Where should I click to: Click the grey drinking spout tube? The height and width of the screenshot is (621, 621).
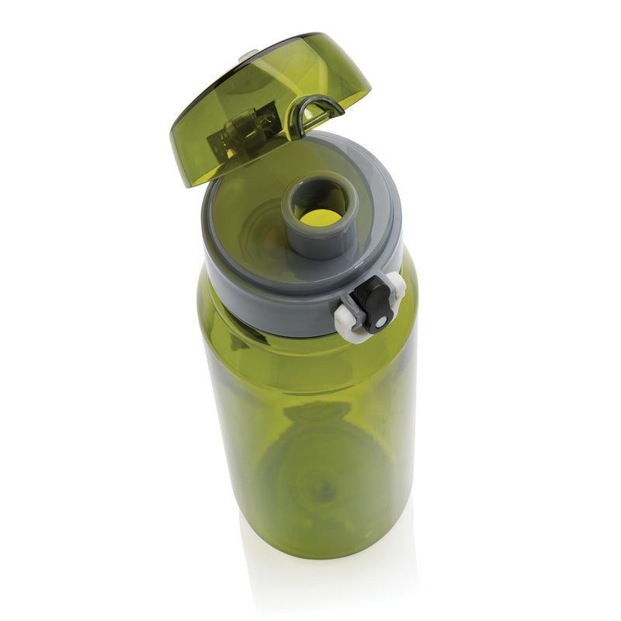(306, 240)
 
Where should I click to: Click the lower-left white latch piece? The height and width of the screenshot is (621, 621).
(348, 324)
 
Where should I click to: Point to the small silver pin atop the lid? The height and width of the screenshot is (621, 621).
(248, 54)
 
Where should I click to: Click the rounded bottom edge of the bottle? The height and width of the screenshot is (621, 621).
(310, 553)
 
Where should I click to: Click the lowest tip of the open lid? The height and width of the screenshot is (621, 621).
(186, 183)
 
